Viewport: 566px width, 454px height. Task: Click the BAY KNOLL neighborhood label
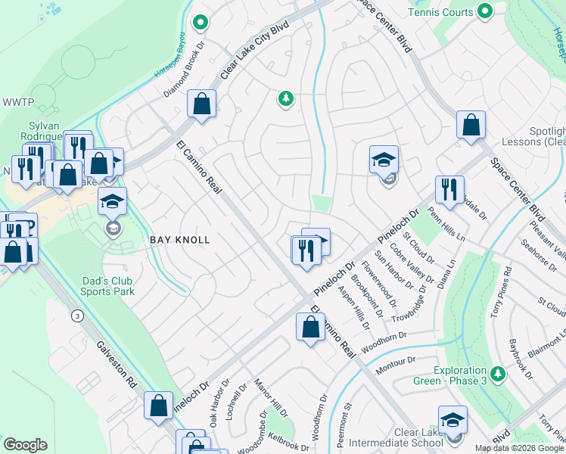coord(179,239)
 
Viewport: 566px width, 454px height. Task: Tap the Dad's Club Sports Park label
coord(108,285)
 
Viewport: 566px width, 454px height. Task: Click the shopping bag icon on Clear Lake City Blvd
coord(202,106)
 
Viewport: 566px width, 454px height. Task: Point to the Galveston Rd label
coord(117,365)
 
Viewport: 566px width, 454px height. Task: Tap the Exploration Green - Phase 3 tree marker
coord(498,373)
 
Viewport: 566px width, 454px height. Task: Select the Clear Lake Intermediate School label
coord(418,437)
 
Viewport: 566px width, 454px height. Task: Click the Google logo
coord(25,445)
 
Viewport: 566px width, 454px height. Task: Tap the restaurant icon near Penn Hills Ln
coord(449,191)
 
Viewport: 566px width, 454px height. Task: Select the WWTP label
coord(14,102)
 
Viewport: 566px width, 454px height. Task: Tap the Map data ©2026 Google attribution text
coord(520,448)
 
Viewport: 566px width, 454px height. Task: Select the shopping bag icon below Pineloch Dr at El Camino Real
coord(310,329)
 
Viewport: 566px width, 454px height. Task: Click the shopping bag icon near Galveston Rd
coord(159,406)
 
